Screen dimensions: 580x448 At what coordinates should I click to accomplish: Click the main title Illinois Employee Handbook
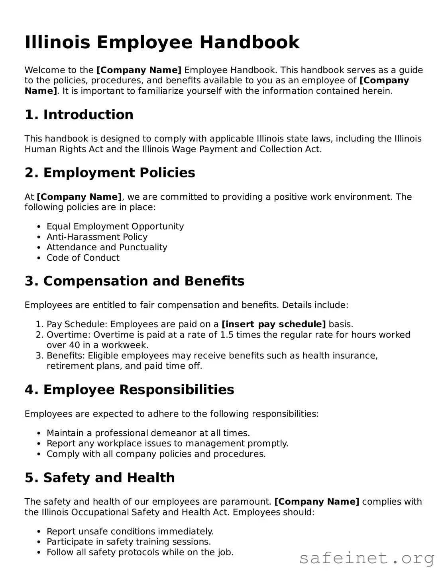pos(162,42)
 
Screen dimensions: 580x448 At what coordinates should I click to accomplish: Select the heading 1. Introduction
pos(79,115)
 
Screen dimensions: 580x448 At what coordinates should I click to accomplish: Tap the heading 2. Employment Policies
pos(110,173)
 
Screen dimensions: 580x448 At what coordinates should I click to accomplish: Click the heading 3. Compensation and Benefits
pos(134,281)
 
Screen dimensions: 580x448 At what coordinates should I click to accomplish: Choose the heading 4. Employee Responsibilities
pos(129,389)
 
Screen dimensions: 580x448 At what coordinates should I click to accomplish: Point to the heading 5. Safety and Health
pos(100,478)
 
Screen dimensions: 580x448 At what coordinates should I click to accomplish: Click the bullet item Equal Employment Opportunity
pos(115,226)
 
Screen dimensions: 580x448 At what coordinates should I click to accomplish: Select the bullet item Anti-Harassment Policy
pos(97,237)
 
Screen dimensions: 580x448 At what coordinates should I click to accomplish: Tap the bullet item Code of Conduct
pos(83,258)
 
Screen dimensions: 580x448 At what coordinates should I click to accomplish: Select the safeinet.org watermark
pos(367,558)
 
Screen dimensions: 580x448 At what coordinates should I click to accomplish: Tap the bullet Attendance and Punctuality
pos(107,247)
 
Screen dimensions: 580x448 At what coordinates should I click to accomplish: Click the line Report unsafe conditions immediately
pos(130,531)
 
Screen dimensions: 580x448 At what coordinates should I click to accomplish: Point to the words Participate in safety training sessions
pos(129,542)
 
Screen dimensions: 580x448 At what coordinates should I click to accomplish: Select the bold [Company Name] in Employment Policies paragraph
pos(79,197)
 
